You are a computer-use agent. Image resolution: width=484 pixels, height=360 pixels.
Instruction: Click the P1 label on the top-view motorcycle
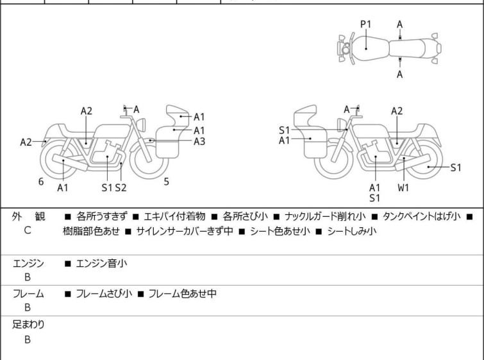pyautogui.click(x=365, y=24)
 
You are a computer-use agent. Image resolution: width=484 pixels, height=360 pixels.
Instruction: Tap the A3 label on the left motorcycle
pyautogui.click(x=199, y=141)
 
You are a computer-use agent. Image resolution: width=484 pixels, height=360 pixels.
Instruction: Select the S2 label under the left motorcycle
pyautogui.click(x=121, y=187)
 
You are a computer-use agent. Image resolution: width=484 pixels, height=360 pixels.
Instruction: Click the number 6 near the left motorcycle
pyautogui.click(x=41, y=182)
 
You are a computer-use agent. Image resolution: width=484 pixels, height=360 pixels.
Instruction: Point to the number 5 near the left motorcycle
pyautogui.click(x=166, y=182)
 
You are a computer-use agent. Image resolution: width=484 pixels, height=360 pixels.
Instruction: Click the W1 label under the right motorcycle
pyautogui.click(x=403, y=187)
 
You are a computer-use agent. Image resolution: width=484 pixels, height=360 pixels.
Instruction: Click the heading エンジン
pyautogui.click(x=28, y=262)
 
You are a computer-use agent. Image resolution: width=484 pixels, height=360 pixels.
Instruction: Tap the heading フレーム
pyautogui.click(x=28, y=294)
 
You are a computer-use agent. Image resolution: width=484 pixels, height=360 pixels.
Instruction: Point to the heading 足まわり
pyautogui.click(x=28, y=325)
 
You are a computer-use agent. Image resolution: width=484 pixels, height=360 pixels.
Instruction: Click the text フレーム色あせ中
pyautogui.click(x=182, y=294)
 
